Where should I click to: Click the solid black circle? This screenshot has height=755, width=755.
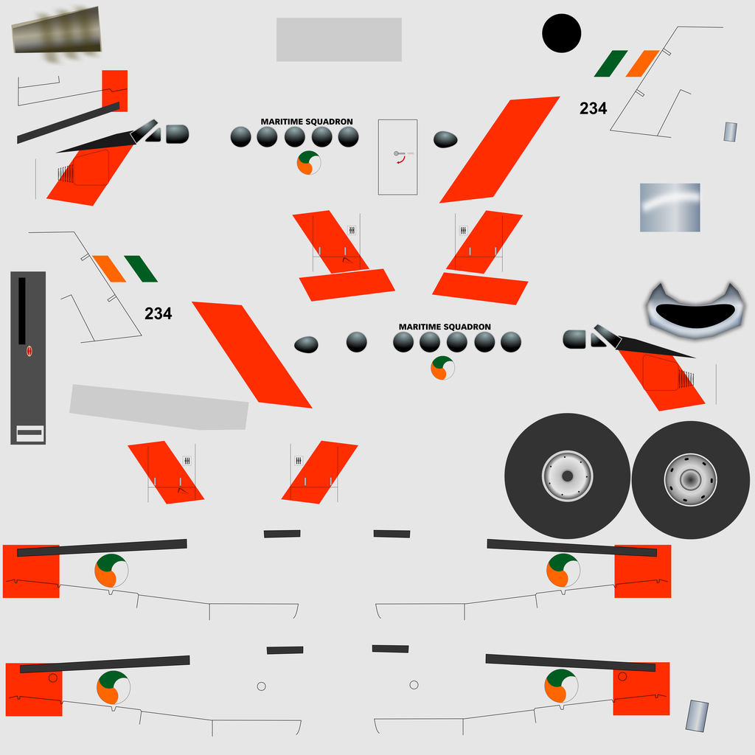point(561,33)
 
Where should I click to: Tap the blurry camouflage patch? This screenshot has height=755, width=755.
point(56,32)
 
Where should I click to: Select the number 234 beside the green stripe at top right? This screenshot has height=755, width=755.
point(594,108)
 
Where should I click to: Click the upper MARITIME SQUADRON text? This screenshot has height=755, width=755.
point(307,122)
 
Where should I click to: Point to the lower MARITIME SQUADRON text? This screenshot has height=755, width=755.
point(445,327)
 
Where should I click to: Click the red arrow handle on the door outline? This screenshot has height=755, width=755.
point(401,160)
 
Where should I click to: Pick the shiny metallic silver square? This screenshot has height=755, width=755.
point(669,207)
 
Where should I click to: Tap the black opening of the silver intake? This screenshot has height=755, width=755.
point(695,316)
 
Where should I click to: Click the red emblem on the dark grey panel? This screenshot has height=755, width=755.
point(29,351)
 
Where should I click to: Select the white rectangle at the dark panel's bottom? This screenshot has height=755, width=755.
point(29,434)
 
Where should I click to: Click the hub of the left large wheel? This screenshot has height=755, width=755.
point(567,476)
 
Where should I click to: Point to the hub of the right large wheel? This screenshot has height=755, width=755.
point(690,479)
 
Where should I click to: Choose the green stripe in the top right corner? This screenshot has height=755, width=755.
point(611,63)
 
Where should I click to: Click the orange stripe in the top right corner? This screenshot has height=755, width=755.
point(643,63)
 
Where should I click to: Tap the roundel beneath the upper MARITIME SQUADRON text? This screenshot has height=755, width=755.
point(309,163)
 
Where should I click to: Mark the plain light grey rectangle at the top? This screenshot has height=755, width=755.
point(339,40)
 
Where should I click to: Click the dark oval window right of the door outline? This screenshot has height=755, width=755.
point(445,139)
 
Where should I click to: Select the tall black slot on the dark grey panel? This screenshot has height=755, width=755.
point(21,310)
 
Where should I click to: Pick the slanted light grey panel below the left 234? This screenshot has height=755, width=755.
point(159,407)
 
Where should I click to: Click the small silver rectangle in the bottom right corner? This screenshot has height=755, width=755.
point(697,716)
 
